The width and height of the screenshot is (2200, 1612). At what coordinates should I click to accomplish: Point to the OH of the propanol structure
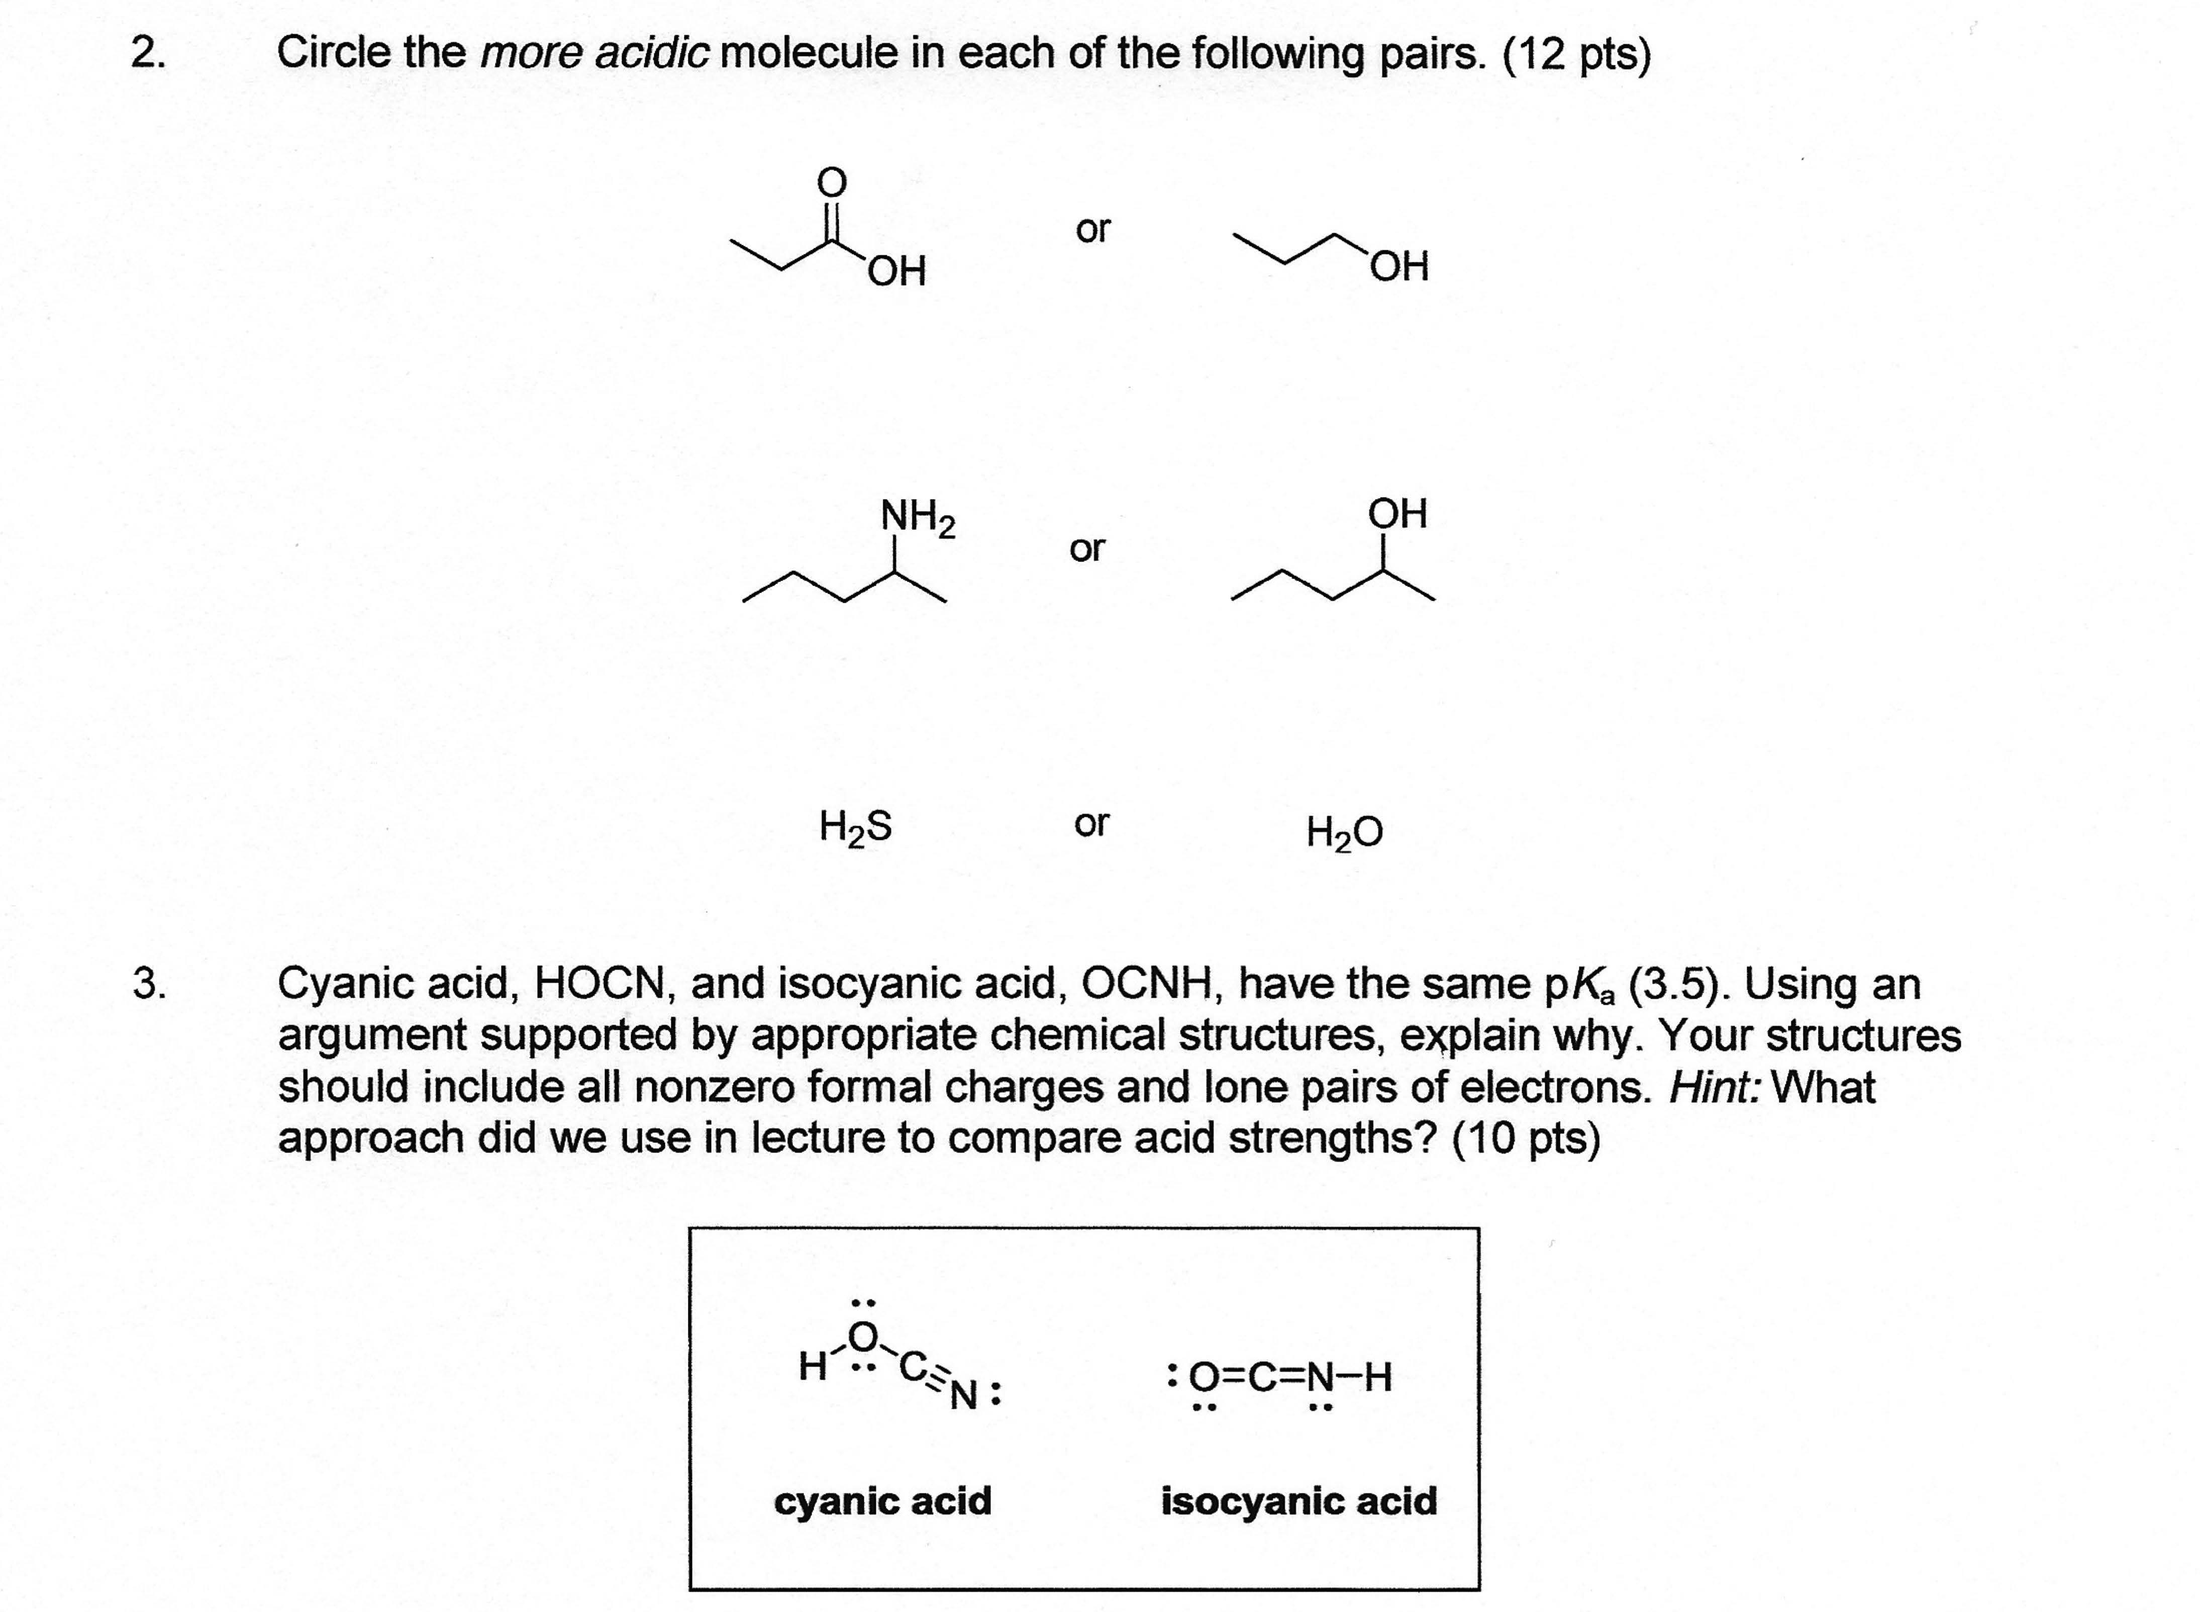pos(1399,265)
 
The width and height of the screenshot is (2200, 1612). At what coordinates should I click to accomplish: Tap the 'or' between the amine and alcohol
pos(1088,549)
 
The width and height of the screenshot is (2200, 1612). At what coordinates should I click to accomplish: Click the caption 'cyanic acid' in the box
pos(883,1501)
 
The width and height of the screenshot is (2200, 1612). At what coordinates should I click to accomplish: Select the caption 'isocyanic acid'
pos(1298,1501)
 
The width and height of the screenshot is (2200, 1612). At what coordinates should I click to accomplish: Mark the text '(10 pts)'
pos(1526,1139)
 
